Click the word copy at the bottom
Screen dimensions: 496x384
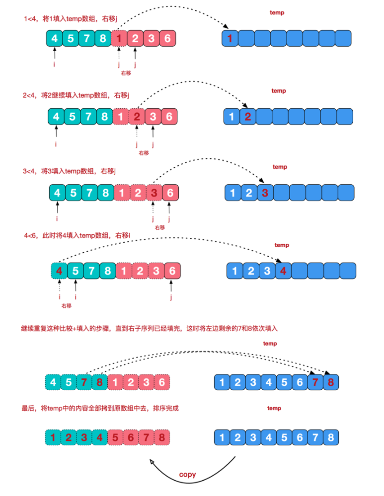(187, 474)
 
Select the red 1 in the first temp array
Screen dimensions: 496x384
(229, 38)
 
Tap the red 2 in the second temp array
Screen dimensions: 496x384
(247, 117)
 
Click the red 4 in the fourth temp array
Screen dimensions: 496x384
(283, 271)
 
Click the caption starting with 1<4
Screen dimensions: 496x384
(70, 19)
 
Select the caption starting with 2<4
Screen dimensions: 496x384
(76, 95)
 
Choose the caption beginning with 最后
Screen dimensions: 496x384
(99, 408)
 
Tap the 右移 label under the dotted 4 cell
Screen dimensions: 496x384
(67, 306)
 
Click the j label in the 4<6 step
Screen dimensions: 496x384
(171, 297)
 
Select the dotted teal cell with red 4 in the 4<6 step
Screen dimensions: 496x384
(59, 271)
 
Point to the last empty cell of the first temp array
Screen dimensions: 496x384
(343, 38)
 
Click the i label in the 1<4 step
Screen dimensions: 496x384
(54, 65)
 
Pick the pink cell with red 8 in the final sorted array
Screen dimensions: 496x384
(161, 437)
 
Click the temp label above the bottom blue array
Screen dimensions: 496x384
(274, 408)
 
